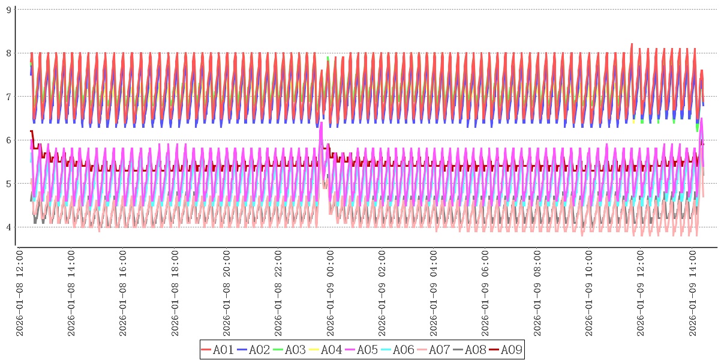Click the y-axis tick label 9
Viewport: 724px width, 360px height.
(x=8, y=10)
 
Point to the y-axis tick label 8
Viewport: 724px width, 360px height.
(x=8, y=53)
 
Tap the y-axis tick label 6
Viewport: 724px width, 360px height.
(x=8, y=140)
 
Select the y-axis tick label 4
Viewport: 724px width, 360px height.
(x=8, y=227)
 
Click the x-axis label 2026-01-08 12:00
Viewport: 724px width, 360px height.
(x=20, y=293)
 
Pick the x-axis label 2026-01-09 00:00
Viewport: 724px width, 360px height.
(x=330, y=293)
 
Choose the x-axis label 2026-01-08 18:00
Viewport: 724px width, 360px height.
(x=175, y=293)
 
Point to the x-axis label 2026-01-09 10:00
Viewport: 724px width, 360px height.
(x=588, y=293)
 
